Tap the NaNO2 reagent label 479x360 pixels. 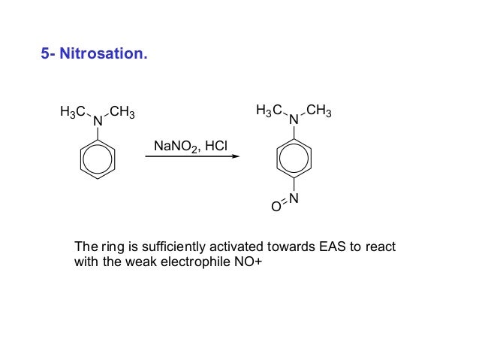point(176,144)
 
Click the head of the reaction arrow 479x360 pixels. point(236,156)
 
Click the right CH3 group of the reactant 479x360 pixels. point(122,113)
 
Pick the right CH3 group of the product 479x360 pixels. point(318,112)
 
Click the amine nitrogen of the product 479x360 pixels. point(294,119)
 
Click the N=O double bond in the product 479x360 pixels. point(285,203)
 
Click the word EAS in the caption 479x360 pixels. point(326,247)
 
